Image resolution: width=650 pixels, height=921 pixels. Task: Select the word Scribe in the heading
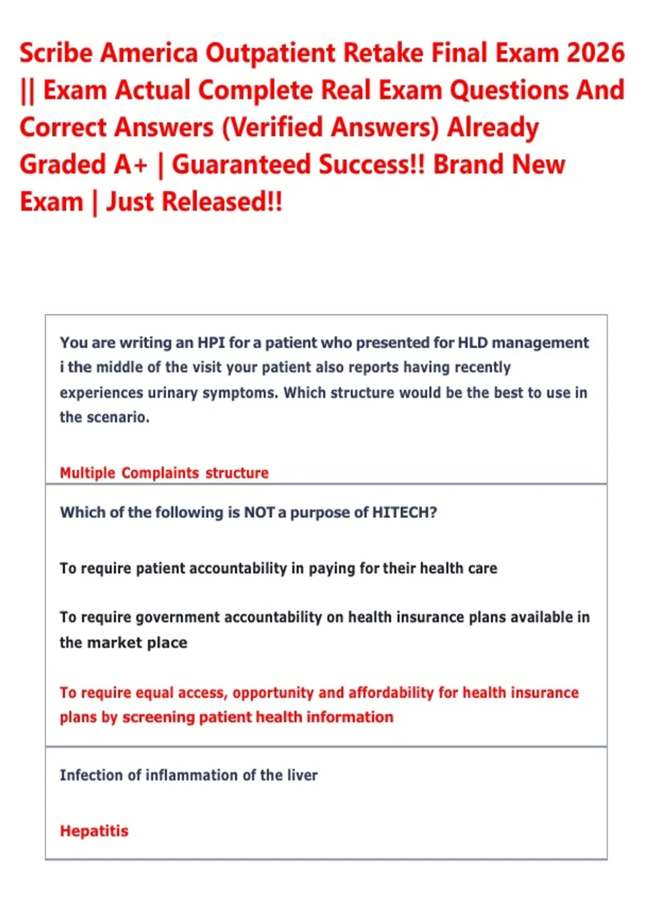pyautogui.click(x=56, y=53)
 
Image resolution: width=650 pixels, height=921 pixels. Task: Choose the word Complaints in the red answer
pyautogui.click(x=160, y=474)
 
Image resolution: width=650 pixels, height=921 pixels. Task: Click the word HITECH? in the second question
pyautogui.click(x=404, y=513)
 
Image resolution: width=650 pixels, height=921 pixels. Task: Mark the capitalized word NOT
pyautogui.click(x=259, y=513)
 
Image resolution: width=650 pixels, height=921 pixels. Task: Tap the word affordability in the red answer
pyautogui.click(x=391, y=693)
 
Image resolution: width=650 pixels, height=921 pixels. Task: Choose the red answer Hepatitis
pyautogui.click(x=94, y=831)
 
